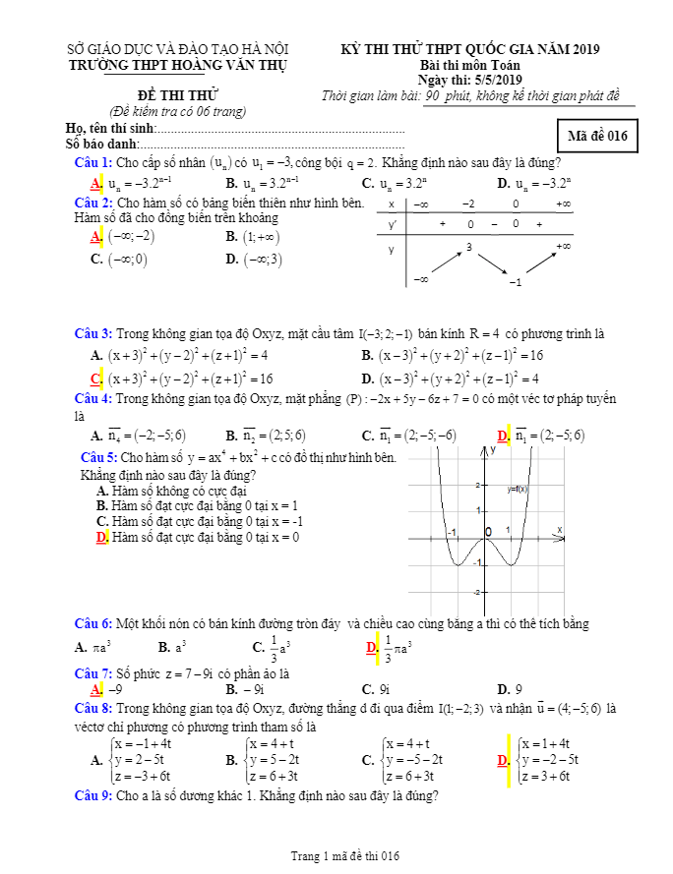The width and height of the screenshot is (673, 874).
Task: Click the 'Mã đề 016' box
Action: [597, 136]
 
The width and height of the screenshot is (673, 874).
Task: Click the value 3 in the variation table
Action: [470, 248]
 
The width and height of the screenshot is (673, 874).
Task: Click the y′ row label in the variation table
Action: [393, 225]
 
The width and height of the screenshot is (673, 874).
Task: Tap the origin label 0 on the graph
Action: [487, 532]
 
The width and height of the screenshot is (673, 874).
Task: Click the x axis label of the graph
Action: [559, 530]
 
